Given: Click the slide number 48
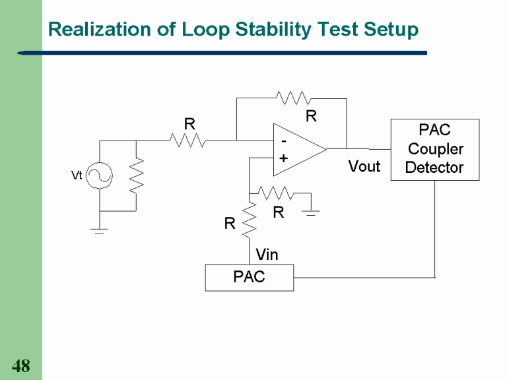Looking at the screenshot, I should tap(21, 366).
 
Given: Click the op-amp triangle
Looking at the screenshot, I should tap(296, 150).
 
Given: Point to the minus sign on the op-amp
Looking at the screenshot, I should tap(283, 141).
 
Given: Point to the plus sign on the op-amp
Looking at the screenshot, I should tap(283, 158).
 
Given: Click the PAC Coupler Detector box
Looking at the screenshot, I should tap(434, 149).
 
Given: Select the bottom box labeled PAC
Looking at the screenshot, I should tap(249, 277).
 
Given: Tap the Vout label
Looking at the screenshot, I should tap(364, 166).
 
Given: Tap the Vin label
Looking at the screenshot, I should tap(267, 255).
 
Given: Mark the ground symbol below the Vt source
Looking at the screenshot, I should tap(100, 230).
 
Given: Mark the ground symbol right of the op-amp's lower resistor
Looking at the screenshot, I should tap(313, 212).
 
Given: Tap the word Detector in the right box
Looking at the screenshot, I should tap(434, 168).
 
